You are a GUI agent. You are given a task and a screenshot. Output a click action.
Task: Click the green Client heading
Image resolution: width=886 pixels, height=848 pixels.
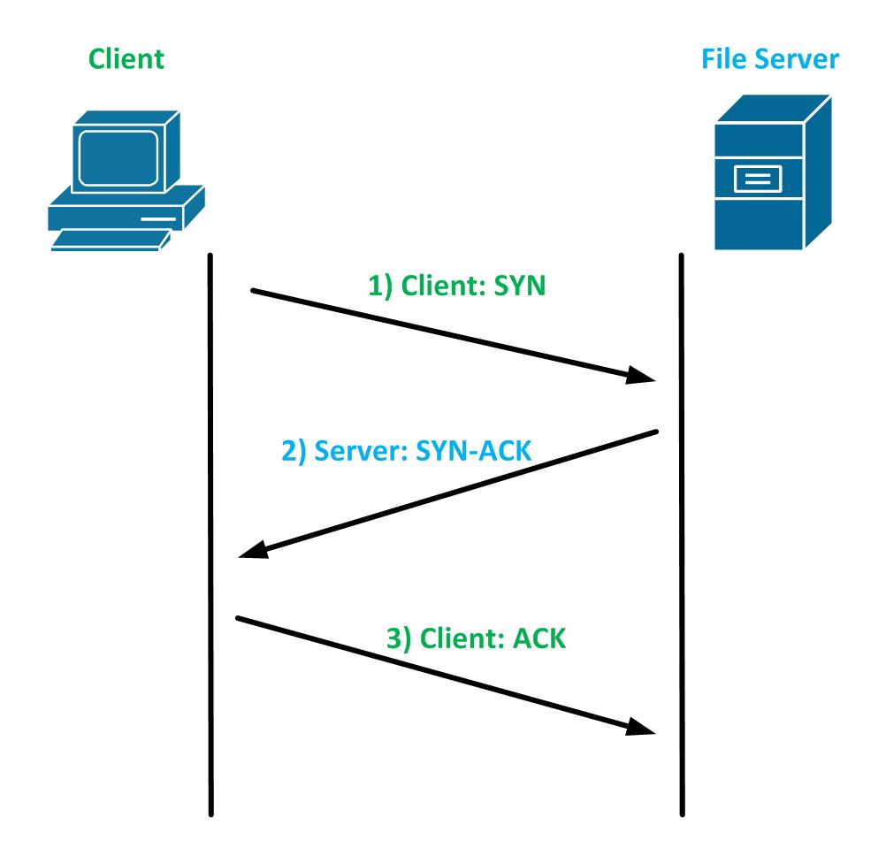pyautogui.click(x=126, y=59)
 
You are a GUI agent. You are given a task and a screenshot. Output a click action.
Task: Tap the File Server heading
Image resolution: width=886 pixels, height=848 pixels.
pyautogui.click(x=769, y=59)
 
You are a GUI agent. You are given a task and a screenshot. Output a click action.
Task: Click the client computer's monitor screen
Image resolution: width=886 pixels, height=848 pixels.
pyautogui.click(x=117, y=156)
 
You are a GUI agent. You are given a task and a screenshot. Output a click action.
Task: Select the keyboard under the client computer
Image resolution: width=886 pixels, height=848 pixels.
pyautogui.click(x=110, y=239)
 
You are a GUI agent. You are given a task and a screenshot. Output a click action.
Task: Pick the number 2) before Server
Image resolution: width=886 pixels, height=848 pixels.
pyautogui.click(x=294, y=450)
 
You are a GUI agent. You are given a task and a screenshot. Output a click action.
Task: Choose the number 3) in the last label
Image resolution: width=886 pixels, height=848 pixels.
pyautogui.click(x=400, y=637)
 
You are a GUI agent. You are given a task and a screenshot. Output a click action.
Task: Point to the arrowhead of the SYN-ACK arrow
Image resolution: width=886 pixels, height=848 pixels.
pyautogui.click(x=253, y=551)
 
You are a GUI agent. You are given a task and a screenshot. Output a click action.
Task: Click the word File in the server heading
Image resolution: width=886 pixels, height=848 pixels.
pyautogui.click(x=721, y=59)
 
